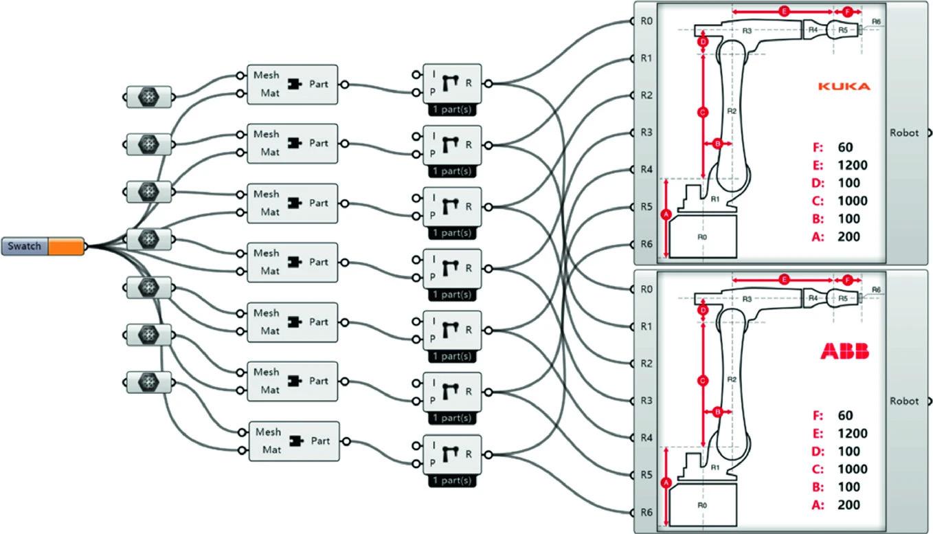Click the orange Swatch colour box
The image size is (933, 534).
[65, 246]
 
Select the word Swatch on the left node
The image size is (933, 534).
[25, 246]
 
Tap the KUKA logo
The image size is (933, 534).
[844, 87]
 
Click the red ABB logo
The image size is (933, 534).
[844, 352]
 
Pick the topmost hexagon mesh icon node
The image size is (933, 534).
[148, 98]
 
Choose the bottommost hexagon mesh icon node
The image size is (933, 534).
[148, 381]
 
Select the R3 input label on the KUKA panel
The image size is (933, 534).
[646, 133]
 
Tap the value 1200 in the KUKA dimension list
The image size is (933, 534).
[852, 165]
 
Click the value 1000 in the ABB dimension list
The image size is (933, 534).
[852, 469]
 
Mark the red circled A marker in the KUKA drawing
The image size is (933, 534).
[664, 214]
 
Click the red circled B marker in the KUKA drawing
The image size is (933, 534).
[717, 144]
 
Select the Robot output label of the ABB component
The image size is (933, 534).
[904, 401]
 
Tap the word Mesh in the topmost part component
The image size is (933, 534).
[267, 75]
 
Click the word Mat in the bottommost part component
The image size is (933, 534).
[270, 450]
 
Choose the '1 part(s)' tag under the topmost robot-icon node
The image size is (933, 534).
[452, 109]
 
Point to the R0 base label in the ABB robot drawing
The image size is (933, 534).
[702, 504]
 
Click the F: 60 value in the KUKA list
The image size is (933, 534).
[845, 147]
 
